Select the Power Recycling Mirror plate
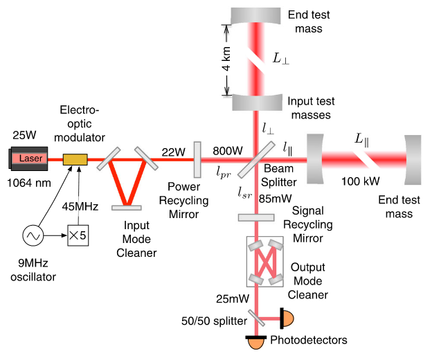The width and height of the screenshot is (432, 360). [198, 159]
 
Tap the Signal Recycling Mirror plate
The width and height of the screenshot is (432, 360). [256, 217]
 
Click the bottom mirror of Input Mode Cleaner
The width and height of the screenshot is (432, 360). [126, 206]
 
